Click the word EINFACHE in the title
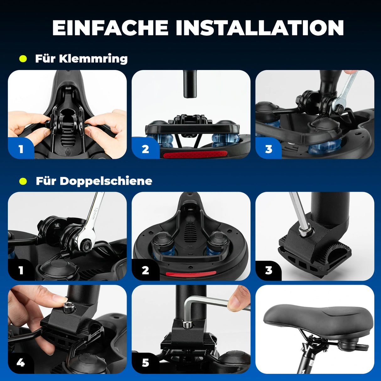tap(110, 28)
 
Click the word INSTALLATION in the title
tap(260, 28)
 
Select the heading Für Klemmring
tap(81, 59)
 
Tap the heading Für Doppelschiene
tap(94, 181)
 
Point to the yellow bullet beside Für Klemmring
tap(23, 59)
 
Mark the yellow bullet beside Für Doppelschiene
tap(23, 181)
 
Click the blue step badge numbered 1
tap(21, 149)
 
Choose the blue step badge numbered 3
tap(268, 149)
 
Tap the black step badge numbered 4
tap(21, 363)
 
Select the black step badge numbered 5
tap(145, 363)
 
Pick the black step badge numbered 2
tap(145, 271)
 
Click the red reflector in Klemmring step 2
tap(190, 154)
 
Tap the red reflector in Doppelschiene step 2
tap(190, 274)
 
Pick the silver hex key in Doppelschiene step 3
tap(298, 213)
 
